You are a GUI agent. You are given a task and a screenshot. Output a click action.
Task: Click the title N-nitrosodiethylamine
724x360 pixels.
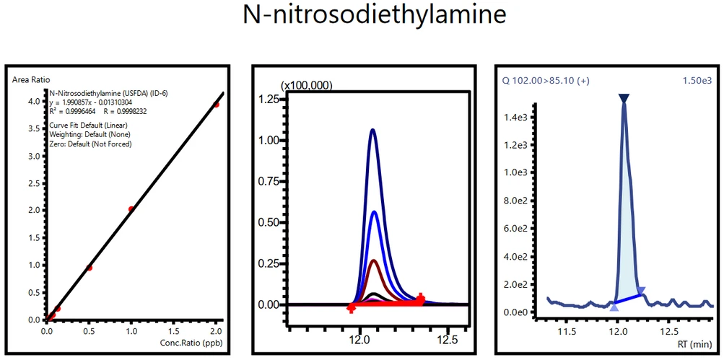(361, 16)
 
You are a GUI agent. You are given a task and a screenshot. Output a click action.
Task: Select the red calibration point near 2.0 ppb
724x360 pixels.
(216, 105)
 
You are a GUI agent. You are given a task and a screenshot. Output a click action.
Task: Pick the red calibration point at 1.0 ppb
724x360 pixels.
(131, 209)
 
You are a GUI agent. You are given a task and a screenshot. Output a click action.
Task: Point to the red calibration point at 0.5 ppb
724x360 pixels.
(90, 268)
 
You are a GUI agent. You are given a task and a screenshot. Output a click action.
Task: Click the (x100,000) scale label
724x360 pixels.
(306, 85)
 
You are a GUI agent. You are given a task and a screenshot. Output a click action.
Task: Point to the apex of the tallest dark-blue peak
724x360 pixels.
(373, 130)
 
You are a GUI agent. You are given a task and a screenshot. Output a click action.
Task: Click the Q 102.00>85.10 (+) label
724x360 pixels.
(538, 81)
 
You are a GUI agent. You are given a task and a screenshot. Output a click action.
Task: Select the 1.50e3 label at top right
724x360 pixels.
(697, 81)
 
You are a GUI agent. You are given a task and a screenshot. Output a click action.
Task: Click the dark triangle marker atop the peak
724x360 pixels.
(624, 98)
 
